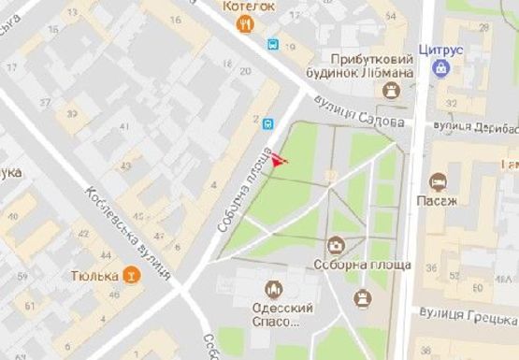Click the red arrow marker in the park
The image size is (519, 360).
click(x=279, y=161)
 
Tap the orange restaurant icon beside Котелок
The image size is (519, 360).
click(x=245, y=25)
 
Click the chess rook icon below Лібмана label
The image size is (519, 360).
click(x=392, y=90)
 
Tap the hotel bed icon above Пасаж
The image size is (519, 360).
click(x=437, y=181)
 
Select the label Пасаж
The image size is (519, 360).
click(x=443, y=200)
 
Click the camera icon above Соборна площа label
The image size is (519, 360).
click(x=336, y=246)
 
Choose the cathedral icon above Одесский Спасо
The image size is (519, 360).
click(x=274, y=289)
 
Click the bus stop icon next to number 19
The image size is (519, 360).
click(x=273, y=43)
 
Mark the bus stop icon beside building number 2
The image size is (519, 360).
click(x=268, y=122)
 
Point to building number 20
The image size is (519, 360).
click(x=245, y=71)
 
